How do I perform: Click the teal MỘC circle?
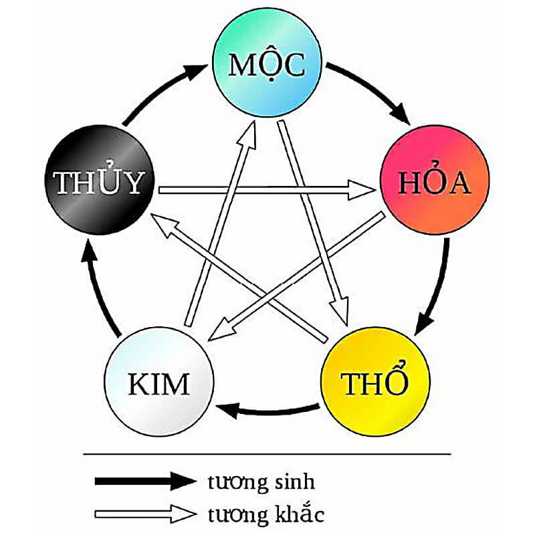(x=267, y=66)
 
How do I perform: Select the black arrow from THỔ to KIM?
(x=267, y=409)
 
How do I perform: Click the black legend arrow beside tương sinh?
(x=144, y=480)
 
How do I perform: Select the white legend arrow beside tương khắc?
(x=144, y=514)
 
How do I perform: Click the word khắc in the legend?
(x=298, y=514)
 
